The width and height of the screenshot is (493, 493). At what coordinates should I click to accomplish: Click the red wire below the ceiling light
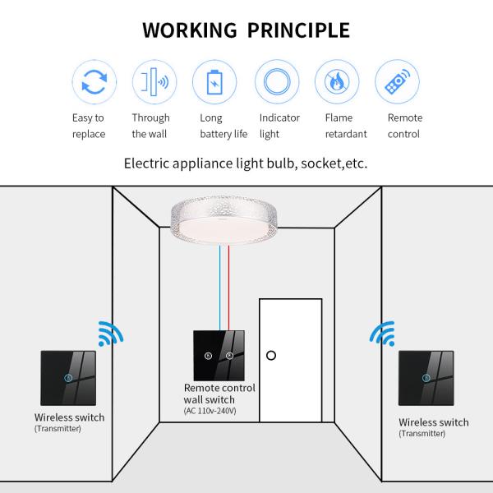pyautogui.click(x=230, y=288)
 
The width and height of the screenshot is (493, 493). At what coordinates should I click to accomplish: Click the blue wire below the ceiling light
pyautogui.click(x=220, y=288)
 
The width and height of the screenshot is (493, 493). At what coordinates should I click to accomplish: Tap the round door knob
pyautogui.click(x=271, y=356)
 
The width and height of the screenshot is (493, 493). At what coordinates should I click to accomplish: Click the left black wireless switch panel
pyautogui.click(x=68, y=378)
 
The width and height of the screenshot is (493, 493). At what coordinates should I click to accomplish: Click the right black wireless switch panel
pyautogui.click(x=426, y=378)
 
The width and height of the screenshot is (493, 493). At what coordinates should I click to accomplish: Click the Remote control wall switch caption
pyautogui.click(x=219, y=394)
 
